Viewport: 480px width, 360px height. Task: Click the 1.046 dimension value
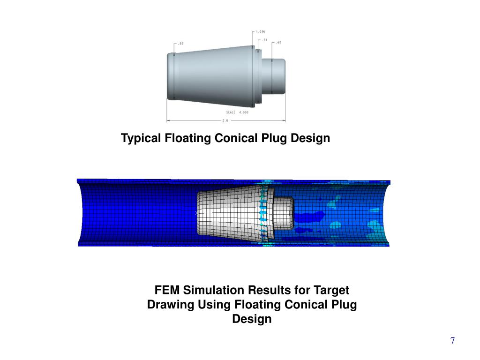click(260, 32)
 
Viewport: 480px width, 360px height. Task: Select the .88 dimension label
click(180, 44)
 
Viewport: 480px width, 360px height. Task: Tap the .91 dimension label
click(264, 40)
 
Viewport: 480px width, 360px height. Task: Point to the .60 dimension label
click(278, 43)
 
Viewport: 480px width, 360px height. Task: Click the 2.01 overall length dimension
click(225, 120)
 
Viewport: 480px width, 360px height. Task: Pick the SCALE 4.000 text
click(237, 112)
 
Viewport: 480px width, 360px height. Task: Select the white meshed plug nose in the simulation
click(283, 213)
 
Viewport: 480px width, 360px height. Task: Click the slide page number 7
click(452, 341)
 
